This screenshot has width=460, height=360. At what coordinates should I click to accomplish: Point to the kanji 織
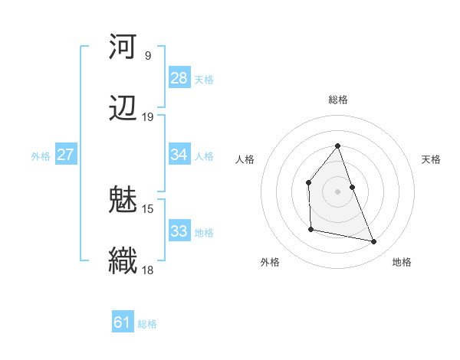[123, 260]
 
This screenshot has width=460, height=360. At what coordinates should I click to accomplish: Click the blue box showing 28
[179, 78]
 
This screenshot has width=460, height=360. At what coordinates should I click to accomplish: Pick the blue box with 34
[179, 155]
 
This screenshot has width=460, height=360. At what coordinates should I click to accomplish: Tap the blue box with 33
[179, 231]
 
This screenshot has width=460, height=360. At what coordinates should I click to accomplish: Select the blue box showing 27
[66, 155]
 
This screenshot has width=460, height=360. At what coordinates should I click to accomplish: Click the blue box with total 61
[123, 322]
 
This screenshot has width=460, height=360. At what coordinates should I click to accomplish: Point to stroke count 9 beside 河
[148, 56]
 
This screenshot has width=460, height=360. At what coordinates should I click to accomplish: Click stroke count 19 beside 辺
[148, 117]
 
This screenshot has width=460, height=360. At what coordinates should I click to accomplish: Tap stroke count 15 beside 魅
[148, 208]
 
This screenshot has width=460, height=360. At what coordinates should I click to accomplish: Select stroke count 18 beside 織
[148, 270]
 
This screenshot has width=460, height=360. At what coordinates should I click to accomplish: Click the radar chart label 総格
[338, 100]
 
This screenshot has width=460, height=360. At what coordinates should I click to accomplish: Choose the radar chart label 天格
[431, 159]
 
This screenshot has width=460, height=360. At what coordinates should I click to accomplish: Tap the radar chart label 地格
[402, 262]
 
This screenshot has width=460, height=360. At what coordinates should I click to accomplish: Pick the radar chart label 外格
[270, 262]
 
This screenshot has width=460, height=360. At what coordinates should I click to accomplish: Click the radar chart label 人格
[245, 159]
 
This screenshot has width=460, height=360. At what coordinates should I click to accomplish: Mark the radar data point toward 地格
[374, 242]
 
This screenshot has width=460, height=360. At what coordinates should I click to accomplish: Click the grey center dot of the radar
[338, 191]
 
